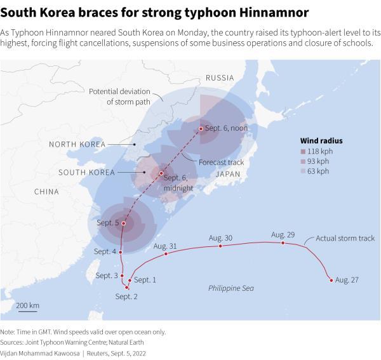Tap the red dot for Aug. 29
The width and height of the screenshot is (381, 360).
pyautogui.click(x=283, y=243)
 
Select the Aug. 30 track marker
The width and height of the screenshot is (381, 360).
pyautogui.click(x=220, y=246)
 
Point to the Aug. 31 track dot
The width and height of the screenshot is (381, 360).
pyautogui.click(x=166, y=254)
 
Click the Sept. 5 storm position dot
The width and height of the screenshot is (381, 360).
pyautogui.click(x=124, y=223)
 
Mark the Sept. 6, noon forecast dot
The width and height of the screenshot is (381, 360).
pyautogui.click(x=201, y=129)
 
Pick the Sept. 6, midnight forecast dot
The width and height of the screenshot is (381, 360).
pyautogui.click(x=161, y=173)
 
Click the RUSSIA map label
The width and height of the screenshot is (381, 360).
pyautogui.click(x=220, y=78)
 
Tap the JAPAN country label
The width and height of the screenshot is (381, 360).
pyautogui.click(x=227, y=174)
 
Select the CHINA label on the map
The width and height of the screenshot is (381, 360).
pyautogui.click(x=46, y=192)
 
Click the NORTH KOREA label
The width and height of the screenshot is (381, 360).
pyautogui.click(x=77, y=145)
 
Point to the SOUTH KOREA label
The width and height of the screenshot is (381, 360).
pyautogui.click(x=86, y=173)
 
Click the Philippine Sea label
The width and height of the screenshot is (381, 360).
pyautogui.click(x=231, y=288)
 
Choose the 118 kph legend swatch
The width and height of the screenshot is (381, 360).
pyautogui.click(x=304, y=151)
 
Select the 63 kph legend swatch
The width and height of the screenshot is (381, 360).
pyautogui.click(x=304, y=171)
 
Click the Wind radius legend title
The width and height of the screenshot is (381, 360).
pyautogui.click(x=321, y=140)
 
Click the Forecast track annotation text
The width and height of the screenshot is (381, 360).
pyautogui.click(x=221, y=163)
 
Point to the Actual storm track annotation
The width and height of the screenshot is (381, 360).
pyautogui.click(x=345, y=239)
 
